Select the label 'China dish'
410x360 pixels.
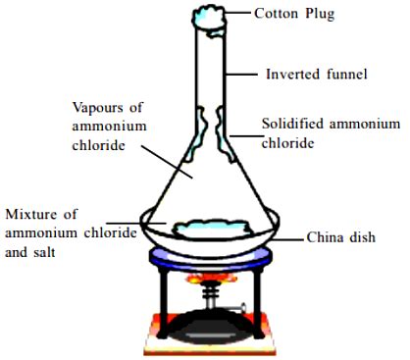340,236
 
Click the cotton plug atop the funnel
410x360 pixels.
209,17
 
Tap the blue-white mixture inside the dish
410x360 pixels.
209,230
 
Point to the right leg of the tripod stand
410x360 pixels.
261,298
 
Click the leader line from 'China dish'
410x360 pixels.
284,236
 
